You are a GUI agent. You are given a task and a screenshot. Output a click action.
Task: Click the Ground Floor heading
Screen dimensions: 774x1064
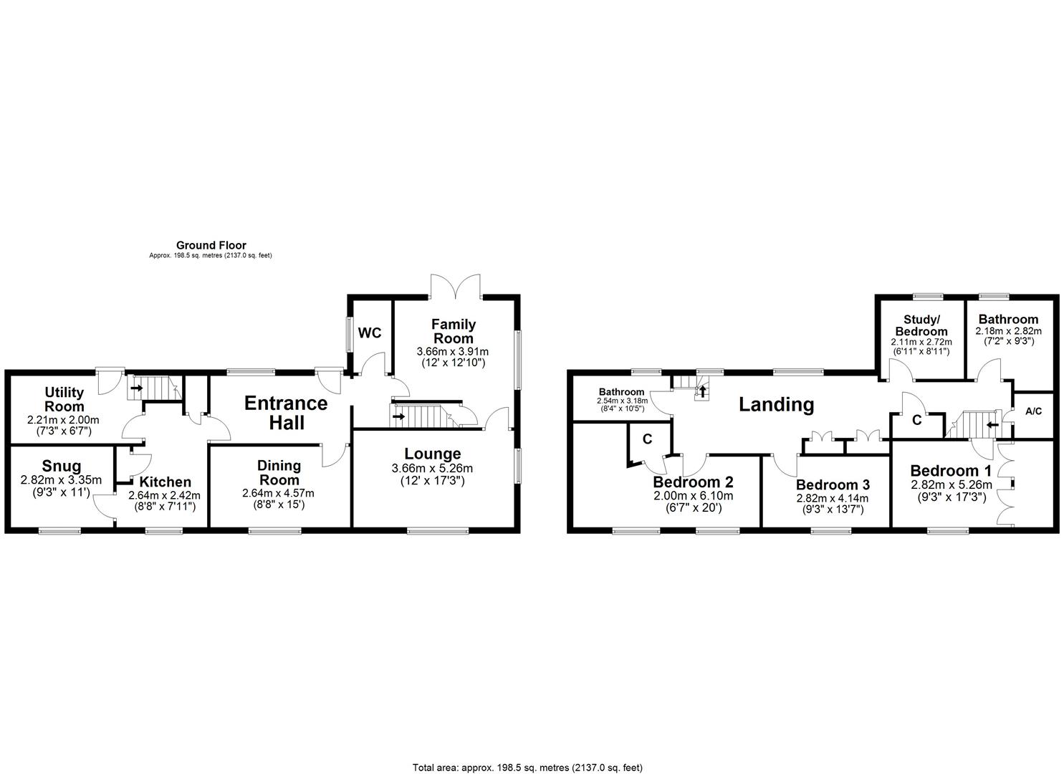(211, 246)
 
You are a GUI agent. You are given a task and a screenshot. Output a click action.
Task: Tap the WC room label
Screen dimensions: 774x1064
(369, 333)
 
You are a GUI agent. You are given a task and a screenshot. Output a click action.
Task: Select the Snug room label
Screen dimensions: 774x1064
(62, 467)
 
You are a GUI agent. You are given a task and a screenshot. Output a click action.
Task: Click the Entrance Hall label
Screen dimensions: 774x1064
(286, 413)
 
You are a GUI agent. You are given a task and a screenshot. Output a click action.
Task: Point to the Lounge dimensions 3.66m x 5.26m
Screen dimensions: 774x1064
(432, 469)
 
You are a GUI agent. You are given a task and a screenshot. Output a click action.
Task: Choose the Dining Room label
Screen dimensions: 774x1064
(279, 473)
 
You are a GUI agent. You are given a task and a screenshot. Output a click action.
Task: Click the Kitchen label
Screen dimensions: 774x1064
(165, 482)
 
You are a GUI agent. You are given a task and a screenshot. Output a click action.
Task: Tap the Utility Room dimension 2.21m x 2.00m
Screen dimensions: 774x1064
(64, 420)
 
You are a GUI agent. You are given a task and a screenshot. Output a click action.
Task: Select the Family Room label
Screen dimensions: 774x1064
(453, 332)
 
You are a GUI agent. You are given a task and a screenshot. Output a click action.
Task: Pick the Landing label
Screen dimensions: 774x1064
(777, 405)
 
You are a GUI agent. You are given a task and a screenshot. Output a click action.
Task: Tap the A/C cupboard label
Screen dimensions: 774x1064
(1033, 412)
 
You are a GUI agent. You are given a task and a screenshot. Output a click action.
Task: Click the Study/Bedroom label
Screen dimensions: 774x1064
(921, 325)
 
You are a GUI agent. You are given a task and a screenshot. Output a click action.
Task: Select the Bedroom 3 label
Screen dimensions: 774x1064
(833, 485)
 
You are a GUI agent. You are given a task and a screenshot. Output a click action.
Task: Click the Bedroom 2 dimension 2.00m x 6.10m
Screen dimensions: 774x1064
(693, 496)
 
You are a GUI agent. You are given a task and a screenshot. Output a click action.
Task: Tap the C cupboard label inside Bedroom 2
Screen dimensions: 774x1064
(647, 439)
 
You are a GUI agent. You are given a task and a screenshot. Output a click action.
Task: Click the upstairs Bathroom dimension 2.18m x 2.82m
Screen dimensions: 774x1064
(1008, 331)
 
